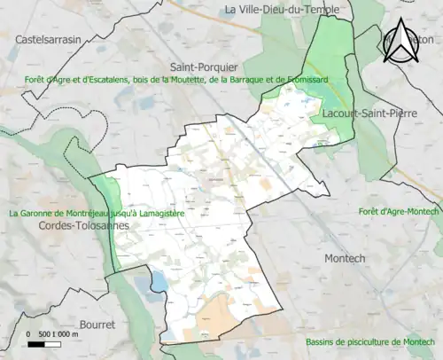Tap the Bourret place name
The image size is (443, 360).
click(x=97, y=325)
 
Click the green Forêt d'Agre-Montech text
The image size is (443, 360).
click(x=399, y=211)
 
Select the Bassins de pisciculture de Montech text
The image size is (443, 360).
click(x=372, y=342)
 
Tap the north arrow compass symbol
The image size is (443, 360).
click(x=404, y=42)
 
